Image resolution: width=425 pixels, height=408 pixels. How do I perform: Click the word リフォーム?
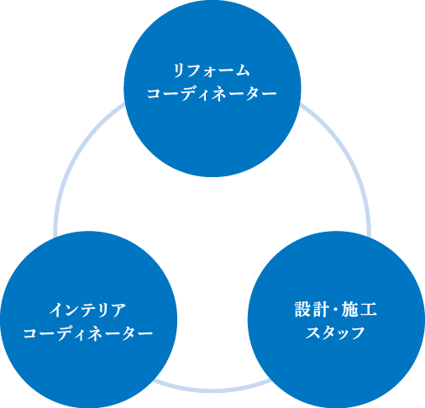pyautogui.click(x=212, y=71)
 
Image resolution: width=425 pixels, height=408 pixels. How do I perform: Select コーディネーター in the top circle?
pyautogui.click(x=212, y=94)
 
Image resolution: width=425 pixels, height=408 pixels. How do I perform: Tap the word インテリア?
pyautogui.click(x=87, y=310)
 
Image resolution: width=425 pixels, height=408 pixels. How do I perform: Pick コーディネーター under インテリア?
pyautogui.click(x=88, y=333)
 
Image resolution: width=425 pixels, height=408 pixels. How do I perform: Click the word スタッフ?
pyautogui.click(x=335, y=332)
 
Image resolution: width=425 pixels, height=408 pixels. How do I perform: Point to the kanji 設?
pyautogui.click(x=303, y=309)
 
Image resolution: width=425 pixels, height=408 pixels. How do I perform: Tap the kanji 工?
pyautogui.click(x=368, y=310)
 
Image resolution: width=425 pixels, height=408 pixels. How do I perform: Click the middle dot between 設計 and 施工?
pyautogui.click(x=335, y=310)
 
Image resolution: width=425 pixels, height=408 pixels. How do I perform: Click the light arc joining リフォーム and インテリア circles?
pyautogui.click(x=73, y=157)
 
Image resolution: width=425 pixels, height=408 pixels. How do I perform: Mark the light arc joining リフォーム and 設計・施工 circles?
pyautogui.click(x=350, y=157)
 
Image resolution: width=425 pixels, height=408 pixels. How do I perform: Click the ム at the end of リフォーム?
pyautogui.click(x=242, y=71)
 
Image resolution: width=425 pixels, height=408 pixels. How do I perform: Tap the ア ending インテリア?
pyautogui.click(x=118, y=311)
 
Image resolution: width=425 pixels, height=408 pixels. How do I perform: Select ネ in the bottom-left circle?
pyautogui.click(x=94, y=333)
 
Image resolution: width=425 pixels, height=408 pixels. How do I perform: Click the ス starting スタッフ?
pyautogui.click(x=312, y=332)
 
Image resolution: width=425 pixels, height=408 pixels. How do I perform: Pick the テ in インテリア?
pyautogui.click(x=87, y=311)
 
